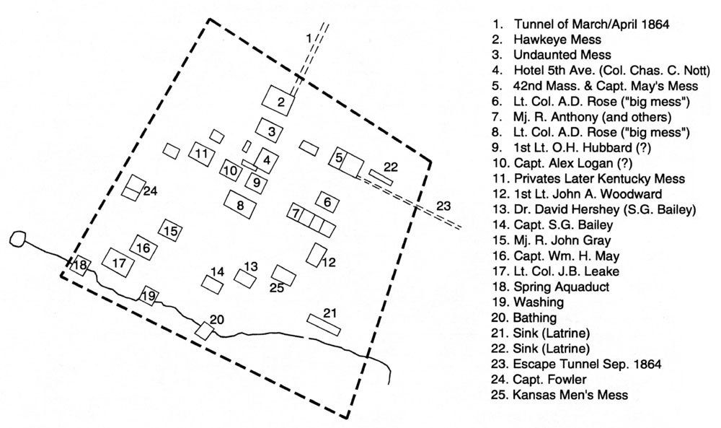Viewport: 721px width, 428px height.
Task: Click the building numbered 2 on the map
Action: pyautogui.click(x=281, y=101)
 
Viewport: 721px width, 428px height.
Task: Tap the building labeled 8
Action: pyautogui.click(x=241, y=204)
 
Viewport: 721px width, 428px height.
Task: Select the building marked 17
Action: pyautogui.click(x=119, y=263)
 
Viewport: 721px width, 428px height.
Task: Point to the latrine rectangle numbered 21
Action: pyautogui.click(x=324, y=323)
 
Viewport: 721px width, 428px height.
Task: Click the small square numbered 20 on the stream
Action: pyautogui.click(x=205, y=330)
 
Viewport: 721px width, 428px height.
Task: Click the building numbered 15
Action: pyautogui.click(x=171, y=232)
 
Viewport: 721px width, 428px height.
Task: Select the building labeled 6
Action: pyautogui.click(x=327, y=202)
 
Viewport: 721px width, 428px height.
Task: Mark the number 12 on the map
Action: pyautogui.click(x=329, y=263)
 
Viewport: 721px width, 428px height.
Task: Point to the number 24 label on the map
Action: pyautogui.click(x=150, y=191)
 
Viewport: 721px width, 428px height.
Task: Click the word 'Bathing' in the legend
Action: pyautogui.click(x=534, y=318)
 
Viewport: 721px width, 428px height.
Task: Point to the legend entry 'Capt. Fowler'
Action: pyautogui.click(x=548, y=380)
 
